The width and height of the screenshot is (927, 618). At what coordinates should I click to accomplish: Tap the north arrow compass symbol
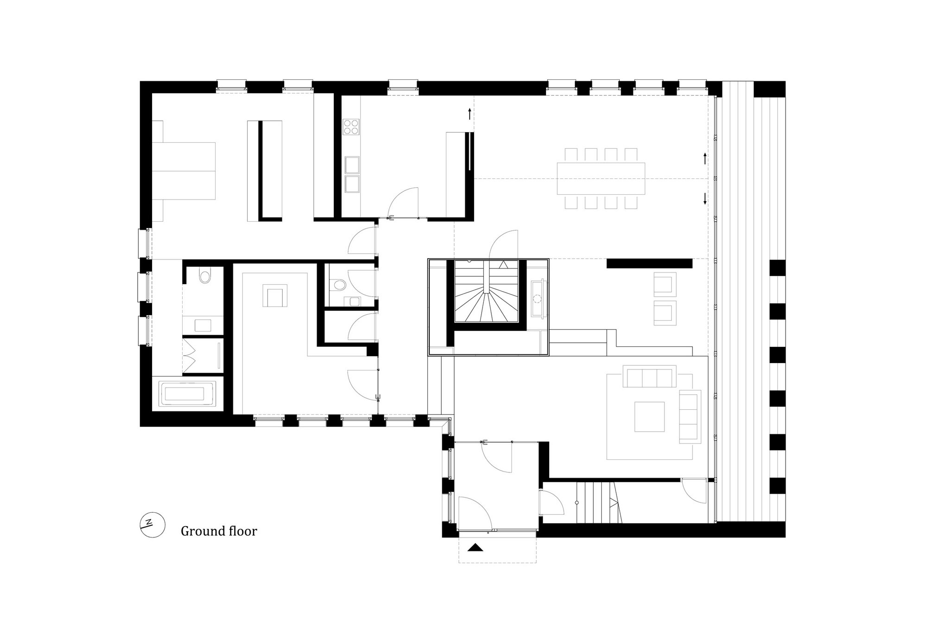(153, 526)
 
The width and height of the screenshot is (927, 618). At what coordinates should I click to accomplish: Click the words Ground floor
(219, 531)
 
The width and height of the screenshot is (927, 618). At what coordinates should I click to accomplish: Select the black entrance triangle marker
(475, 548)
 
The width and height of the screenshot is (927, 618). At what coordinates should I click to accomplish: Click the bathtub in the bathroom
(186, 395)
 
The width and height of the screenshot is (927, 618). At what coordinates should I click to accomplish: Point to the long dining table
(601, 178)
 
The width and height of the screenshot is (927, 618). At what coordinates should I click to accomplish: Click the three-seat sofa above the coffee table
(649, 376)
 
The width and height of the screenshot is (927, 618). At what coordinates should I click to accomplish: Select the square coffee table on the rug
(649, 416)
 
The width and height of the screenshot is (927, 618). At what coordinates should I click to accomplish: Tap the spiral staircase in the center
(486, 291)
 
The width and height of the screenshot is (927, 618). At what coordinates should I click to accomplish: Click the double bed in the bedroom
(184, 171)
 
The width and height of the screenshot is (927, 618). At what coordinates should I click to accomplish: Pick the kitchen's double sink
(351, 174)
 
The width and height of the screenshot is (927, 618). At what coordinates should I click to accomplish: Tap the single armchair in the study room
(275, 296)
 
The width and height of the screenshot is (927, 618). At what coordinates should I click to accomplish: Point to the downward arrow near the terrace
(705, 199)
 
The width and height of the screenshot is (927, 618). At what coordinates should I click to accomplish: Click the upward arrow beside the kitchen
(470, 114)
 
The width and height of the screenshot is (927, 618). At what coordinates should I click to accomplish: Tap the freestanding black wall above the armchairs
(649, 263)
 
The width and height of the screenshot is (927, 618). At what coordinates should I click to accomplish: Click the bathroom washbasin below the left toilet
(203, 325)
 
